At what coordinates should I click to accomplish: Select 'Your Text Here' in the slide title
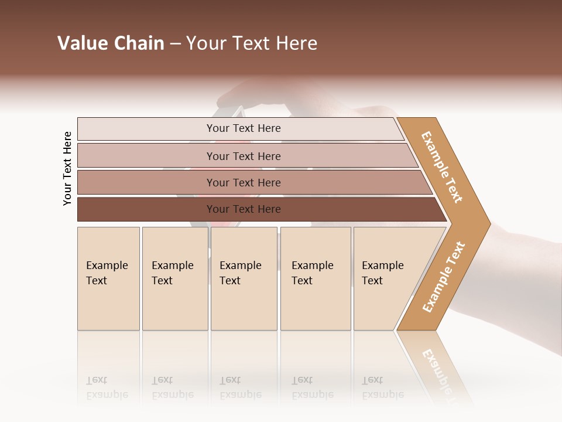[252, 43]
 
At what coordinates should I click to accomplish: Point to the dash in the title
[175, 44]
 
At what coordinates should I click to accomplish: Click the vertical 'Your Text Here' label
[67, 169]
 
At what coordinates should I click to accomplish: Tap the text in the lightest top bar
[244, 128]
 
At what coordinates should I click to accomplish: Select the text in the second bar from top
[244, 156]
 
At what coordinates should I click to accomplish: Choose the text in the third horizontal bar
[244, 182]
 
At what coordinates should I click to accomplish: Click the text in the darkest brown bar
[244, 209]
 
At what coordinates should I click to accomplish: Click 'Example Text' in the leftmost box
[107, 273]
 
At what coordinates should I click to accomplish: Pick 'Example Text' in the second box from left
[172, 273]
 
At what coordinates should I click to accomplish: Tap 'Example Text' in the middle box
[240, 273]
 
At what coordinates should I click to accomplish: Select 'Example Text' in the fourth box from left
[312, 273]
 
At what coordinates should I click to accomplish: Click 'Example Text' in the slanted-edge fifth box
[382, 273]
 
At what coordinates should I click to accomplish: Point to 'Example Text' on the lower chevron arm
[444, 277]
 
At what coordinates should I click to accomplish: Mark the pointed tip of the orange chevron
[489, 223]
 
